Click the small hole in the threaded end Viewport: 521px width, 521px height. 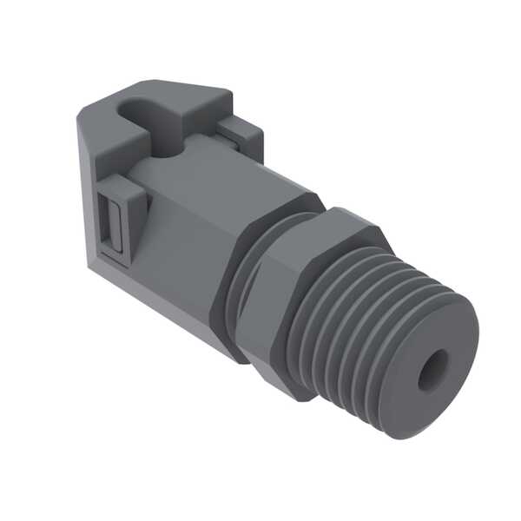coord(432,371)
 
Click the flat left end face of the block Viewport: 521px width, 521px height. coord(91,191)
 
